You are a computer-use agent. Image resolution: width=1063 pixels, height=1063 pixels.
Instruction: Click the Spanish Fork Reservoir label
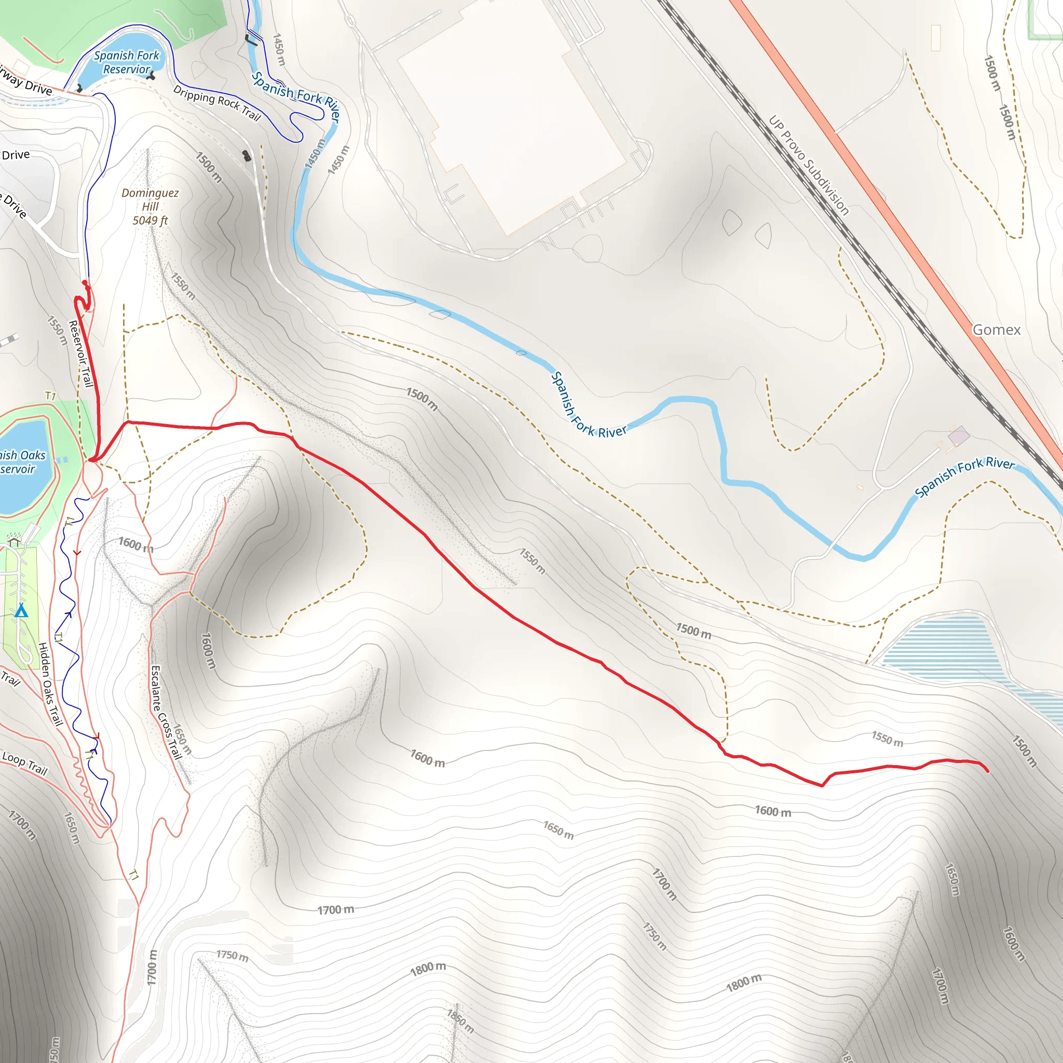click(127, 62)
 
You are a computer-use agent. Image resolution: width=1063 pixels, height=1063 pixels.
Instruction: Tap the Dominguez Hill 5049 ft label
click(150, 207)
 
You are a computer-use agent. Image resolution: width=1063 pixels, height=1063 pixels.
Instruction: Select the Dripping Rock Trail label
click(217, 102)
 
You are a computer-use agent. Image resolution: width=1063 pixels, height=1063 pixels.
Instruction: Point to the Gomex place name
click(996, 330)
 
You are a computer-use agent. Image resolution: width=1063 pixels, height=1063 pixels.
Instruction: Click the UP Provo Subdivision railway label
click(808, 165)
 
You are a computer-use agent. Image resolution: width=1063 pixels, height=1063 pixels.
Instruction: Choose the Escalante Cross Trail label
click(166, 712)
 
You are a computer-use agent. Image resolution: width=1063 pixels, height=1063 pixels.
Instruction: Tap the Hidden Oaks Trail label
click(51, 684)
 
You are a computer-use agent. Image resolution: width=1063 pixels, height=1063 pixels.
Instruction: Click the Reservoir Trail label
click(80, 353)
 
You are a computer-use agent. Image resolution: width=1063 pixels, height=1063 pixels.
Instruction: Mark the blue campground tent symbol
click(21, 611)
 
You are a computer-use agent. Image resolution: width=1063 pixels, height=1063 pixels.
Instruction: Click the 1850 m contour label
click(460, 1021)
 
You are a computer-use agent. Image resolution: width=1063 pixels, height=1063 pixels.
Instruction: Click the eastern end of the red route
click(988, 771)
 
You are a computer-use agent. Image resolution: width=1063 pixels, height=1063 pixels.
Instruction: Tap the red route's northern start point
click(85, 283)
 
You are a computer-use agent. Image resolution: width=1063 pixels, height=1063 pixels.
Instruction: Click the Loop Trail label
click(25, 762)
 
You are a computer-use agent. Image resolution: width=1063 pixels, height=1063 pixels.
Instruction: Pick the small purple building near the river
click(959, 436)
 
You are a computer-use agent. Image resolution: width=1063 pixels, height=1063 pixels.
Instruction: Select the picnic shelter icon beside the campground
click(15, 542)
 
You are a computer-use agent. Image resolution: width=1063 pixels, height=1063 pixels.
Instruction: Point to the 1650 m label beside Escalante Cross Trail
click(183, 739)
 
